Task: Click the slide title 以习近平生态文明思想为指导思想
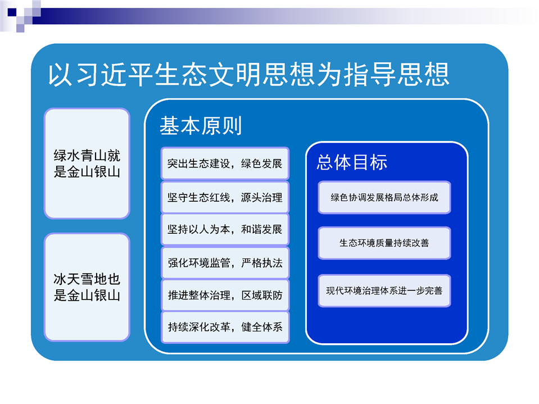[x=248, y=74]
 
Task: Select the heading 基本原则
[x=201, y=125]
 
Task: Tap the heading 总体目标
[x=352, y=162]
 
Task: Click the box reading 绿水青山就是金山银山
[x=87, y=164]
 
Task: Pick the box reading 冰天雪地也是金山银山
[x=87, y=287]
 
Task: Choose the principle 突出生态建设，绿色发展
[x=225, y=164]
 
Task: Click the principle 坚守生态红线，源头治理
[x=225, y=197]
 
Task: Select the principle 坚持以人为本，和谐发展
[x=225, y=229]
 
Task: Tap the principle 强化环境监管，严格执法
[x=225, y=263]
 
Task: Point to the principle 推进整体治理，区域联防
[x=225, y=295]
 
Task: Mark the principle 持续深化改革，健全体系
[x=225, y=327]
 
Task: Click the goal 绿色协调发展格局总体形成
[x=384, y=198]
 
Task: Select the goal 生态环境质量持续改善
[x=384, y=243]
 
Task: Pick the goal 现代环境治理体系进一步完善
[x=384, y=290]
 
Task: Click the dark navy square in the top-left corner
[x=12, y=12]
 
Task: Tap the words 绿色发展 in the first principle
[x=261, y=164]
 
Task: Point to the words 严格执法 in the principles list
[x=261, y=263]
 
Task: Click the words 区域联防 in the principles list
[x=261, y=295]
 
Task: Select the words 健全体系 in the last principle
[x=261, y=327]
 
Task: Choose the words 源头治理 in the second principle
[x=261, y=197]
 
